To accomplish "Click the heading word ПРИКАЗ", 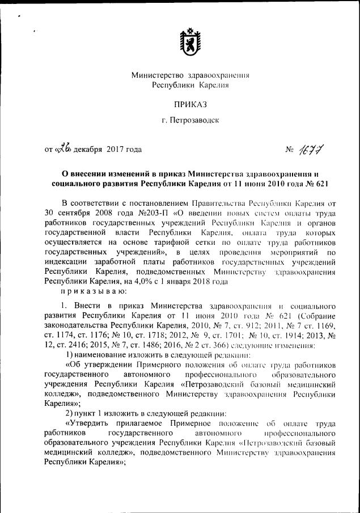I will pos(187,104).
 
